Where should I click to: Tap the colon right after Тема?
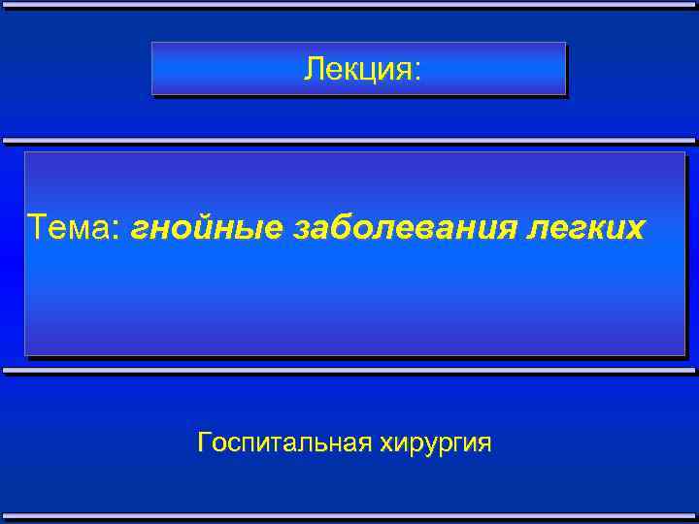(119, 231)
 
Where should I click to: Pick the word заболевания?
(403, 229)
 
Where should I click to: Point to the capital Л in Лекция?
(312, 69)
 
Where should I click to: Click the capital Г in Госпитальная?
(203, 442)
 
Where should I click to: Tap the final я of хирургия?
(484, 443)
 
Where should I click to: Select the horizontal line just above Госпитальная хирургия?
(349, 371)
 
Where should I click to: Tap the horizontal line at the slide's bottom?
(349, 517)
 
